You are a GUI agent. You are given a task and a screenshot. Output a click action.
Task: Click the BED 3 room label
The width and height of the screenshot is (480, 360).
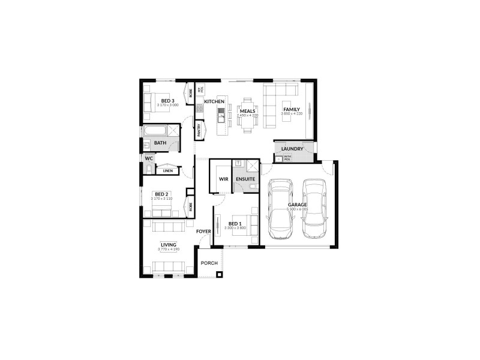[x=167, y=100]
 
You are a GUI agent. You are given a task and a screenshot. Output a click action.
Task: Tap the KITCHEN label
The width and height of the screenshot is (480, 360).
[x=214, y=102]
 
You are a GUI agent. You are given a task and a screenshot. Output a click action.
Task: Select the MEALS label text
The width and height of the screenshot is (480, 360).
[x=248, y=111]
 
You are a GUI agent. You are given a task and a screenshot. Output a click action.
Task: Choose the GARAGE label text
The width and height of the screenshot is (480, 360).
[x=297, y=205]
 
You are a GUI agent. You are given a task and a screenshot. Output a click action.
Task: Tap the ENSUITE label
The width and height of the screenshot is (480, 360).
[x=245, y=179]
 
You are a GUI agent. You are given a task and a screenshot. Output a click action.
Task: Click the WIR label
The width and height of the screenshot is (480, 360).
[x=224, y=179]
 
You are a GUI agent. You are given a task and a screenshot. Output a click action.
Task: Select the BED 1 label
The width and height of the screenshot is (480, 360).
[x=236, y=223]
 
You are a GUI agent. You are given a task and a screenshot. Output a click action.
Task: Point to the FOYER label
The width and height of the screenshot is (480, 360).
[x=203, y=231]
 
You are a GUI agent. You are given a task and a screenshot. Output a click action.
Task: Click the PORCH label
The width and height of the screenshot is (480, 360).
[x=209, y=263]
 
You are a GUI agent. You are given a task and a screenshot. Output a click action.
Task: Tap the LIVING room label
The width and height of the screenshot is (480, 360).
[x=167, y=244]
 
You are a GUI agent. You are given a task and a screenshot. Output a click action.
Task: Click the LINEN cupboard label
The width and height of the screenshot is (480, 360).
[x=168, y=171]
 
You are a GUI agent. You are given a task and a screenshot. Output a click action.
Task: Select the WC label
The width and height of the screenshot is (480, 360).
[x=149, y=158]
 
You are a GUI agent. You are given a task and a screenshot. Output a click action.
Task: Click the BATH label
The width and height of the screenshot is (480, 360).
[x=160, y=143]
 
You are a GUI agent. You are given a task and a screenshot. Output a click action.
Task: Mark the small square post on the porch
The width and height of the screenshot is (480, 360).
[x=220, y=275]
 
